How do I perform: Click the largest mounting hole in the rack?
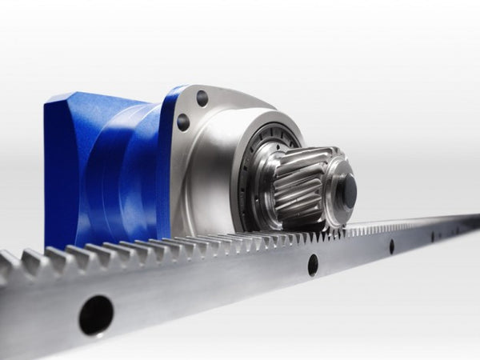click(x=96, y=314)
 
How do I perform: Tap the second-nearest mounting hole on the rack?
click(x=312, y=265)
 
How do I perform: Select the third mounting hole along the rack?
click(x=391, y=246)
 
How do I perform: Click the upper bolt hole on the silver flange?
click(x=202, y=98)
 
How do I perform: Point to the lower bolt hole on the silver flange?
click(x=183, y=122)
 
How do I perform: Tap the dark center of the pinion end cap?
click(x=349, y=192)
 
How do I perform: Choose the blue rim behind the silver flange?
click(x=168, y=160)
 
